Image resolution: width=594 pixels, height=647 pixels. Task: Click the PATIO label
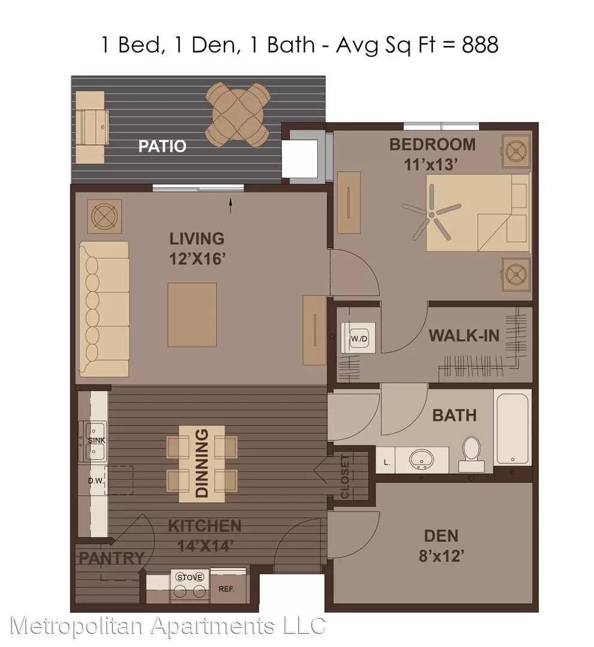click(x=162, y=146)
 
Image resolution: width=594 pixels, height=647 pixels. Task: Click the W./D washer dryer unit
click(x=359, y=338)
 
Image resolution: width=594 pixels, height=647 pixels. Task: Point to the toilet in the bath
click(x=471, y=454)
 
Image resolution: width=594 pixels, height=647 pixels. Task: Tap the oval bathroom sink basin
click(x=420, y=459)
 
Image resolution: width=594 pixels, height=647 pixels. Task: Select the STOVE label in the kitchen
click(x=190, y=577)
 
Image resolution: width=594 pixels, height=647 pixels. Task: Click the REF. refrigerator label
click(x=226, y=589)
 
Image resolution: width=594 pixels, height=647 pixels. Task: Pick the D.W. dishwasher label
click(x=96, y=480)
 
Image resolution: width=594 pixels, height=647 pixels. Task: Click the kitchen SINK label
click(x=96, y=440)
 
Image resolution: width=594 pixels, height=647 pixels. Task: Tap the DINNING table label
click(x=202, y=463)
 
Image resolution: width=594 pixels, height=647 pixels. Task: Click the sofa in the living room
click(x=104, y=309)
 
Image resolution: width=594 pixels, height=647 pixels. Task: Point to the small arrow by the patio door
click(x=231, y=206)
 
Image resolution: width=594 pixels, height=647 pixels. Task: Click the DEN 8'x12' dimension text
click(x=441, y=556)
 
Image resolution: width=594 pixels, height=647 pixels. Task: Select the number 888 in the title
click(x=480, y=44)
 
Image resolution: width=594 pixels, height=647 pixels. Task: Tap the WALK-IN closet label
click(x=464, y=335)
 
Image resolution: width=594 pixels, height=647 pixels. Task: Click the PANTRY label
click(x=112, y=558)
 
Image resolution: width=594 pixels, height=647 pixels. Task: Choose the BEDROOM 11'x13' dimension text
click(x=432, y=165)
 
